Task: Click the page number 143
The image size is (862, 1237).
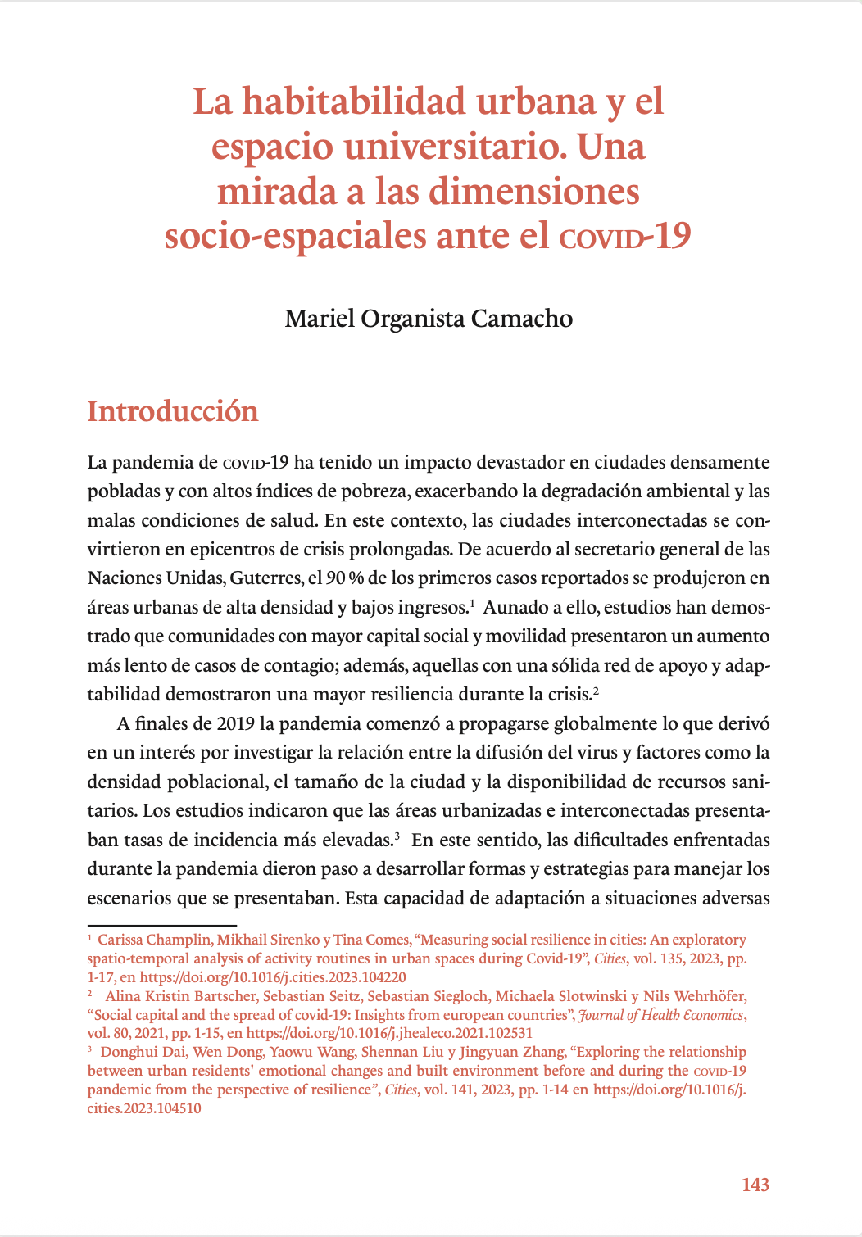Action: click(x=755, y=1185)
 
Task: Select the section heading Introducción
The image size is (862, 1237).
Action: click(x=173, y=411)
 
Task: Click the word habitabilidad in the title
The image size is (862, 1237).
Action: click(x=354, y=102)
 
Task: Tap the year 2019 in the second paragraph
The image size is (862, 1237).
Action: click(x=236, y=723)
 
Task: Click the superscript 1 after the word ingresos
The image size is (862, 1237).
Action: click(x=473, y=603)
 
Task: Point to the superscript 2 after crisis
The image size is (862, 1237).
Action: click(x=597, y=690)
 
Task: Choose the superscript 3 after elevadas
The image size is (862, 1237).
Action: click(x=397, y=836)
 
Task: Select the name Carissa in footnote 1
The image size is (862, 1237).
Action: click(x=120, y=940)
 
